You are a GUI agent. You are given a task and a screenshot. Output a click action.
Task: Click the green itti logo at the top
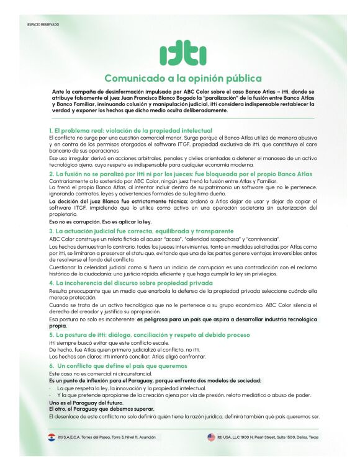(x=179, y=55)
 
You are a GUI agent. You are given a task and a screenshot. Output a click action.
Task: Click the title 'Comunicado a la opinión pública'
(x=179, y=78)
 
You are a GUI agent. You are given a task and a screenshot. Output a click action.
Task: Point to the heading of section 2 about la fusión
(x=181, y=174)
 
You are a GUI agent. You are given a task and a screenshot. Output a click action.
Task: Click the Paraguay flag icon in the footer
(x=52, y=437)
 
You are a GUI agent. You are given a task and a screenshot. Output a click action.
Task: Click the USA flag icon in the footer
(x=212, y=437)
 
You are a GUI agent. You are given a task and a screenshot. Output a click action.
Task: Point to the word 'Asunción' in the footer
(x=146, y=437)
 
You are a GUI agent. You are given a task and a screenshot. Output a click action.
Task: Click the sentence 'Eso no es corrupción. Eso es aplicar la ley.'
(x=100, y=221)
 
